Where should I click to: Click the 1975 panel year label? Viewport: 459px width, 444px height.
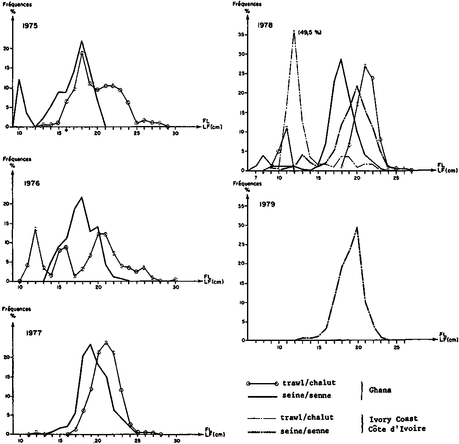pos(30,26)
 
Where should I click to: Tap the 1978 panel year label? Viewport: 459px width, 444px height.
pos(265,25)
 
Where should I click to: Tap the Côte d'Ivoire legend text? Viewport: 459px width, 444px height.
pos(399,429)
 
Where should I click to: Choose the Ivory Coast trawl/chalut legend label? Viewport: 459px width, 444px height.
pos(307,417)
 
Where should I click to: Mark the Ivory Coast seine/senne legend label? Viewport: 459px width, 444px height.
pos(307,430)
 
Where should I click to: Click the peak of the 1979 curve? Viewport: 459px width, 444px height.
pos(357,227)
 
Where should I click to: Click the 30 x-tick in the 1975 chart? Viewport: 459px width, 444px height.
pos(175,133)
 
